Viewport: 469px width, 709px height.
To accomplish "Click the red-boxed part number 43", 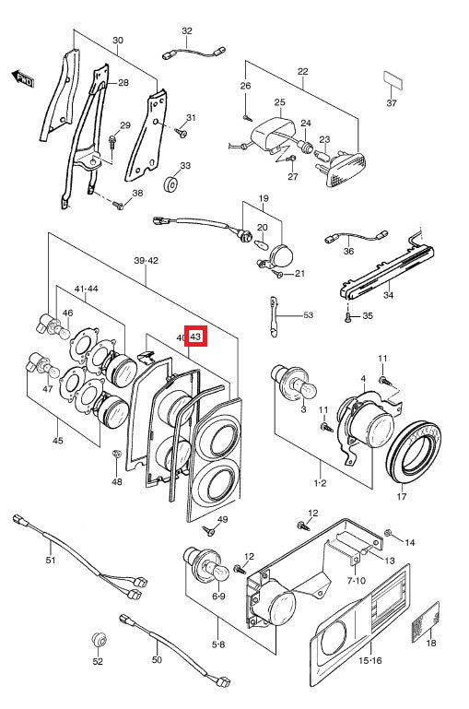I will (196, 338).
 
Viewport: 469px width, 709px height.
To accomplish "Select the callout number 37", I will (392, 103).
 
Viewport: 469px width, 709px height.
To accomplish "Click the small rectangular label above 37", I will (392, 80).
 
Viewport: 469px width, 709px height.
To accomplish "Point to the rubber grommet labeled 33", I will (171, 186).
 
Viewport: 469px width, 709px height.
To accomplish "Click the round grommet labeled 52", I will (98, 639).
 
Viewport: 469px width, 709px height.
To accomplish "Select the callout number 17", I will (401, 498).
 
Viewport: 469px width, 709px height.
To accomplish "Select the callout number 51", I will (51, 560).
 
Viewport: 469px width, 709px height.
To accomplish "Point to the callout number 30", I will (117, 41).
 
